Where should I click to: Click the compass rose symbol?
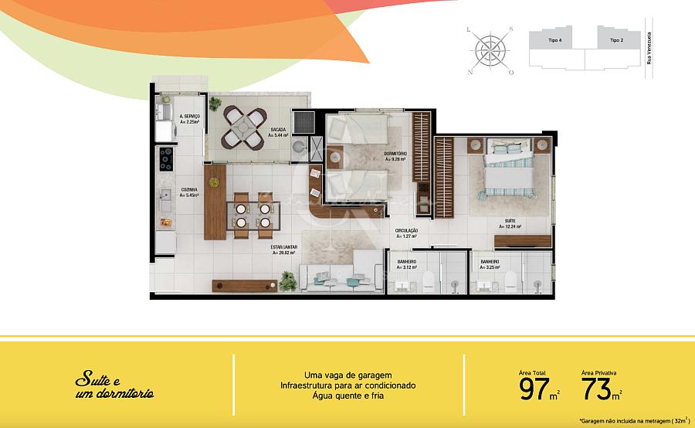coord(490,50)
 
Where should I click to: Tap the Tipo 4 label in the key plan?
coord(554,39)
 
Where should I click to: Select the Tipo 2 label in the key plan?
coord(615,39)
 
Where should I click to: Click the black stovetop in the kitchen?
coord(166,158)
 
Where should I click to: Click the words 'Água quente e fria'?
coord(347,396)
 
